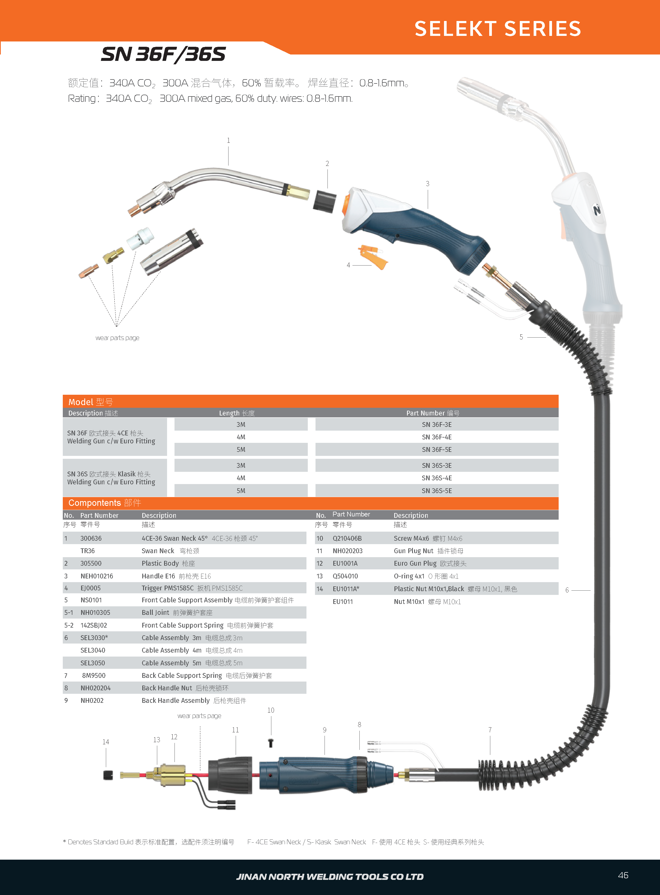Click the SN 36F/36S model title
(163, 54)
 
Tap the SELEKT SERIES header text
(497, 29)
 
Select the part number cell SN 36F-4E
(437, 437)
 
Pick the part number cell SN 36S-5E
(437, 491)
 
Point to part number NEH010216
(97, 576)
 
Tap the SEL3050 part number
(93, 663)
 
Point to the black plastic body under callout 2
(324, 201)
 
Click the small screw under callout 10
(271, 743)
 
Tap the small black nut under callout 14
(108, 775)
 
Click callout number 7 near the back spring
(490, 730)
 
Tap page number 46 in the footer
(623, 875)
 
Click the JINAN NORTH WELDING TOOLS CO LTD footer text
(330, 877)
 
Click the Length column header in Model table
(236, 413)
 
